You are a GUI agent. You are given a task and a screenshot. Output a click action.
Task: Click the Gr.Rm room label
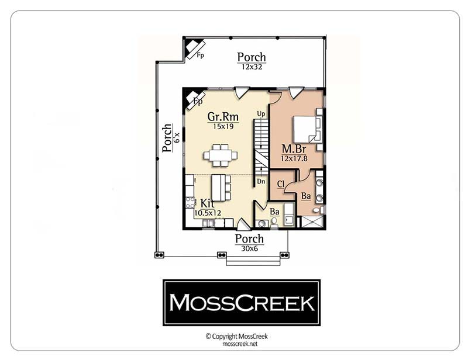[223, 116]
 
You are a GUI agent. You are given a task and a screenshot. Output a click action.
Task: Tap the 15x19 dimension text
[223, 126]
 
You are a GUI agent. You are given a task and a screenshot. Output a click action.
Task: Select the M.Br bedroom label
[294, 148]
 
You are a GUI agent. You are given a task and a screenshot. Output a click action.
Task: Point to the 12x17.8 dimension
[294, 158]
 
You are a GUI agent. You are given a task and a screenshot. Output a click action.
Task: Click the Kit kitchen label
[207, 203]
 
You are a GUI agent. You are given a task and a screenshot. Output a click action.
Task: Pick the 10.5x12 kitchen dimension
[208, 213]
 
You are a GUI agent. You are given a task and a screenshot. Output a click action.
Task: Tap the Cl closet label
[281, 184]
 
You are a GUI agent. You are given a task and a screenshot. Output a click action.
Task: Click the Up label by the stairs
[261, 114]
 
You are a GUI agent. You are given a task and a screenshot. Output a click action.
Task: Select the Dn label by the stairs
[261, 181]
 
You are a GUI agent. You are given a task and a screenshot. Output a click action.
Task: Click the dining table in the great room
[221, 155]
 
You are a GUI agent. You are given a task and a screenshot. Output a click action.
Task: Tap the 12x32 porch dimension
[252, 67]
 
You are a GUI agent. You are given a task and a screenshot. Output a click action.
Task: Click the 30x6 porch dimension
[250, 248]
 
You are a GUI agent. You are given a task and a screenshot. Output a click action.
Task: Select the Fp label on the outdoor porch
[200, 55]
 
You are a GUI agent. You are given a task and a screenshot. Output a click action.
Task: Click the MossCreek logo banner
[242, 303]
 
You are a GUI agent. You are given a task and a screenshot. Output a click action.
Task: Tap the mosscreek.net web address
[240, 344]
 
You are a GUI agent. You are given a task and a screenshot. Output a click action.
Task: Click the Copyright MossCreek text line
[237, 337]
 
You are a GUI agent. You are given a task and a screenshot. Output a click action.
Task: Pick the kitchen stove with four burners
[190, 203]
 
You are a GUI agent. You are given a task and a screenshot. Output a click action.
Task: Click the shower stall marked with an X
[312, 222]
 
